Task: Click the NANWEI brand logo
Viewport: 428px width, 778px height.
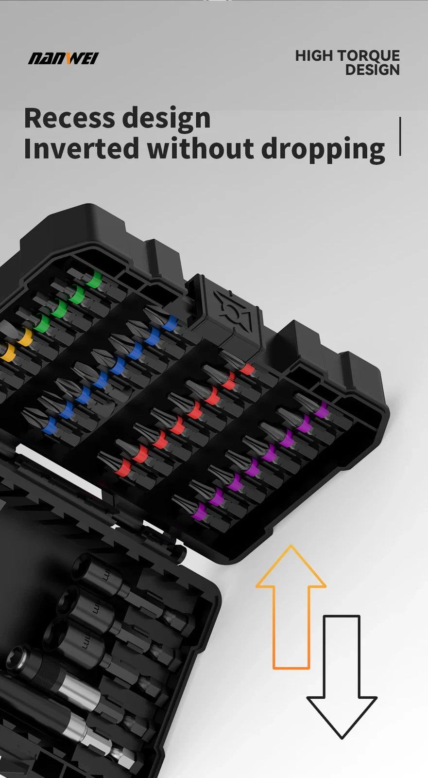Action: click(x=63, y=58)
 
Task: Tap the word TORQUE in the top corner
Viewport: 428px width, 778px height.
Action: click(x=369, y=56)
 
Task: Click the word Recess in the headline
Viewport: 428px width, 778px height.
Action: click(x=69, y=118)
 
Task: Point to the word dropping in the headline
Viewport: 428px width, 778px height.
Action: click(x=323, y=150)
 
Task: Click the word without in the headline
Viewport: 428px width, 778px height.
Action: click(x=200, y=149)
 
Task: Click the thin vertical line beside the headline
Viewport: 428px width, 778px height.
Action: click(x=400, y=136)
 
